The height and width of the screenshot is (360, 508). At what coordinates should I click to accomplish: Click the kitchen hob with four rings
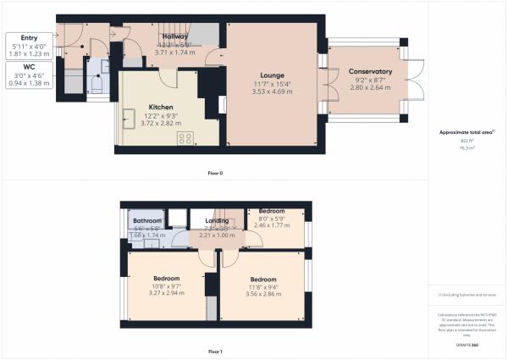tap(186, 139)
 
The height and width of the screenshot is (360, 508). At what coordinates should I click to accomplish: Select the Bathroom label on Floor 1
tap(147, 220)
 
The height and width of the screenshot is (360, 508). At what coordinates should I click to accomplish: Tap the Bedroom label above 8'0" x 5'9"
tap(272, 211)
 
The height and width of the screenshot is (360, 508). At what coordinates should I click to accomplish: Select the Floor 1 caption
tap(215, 351)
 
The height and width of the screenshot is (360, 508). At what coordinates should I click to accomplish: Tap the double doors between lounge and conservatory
tap(323, 82)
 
